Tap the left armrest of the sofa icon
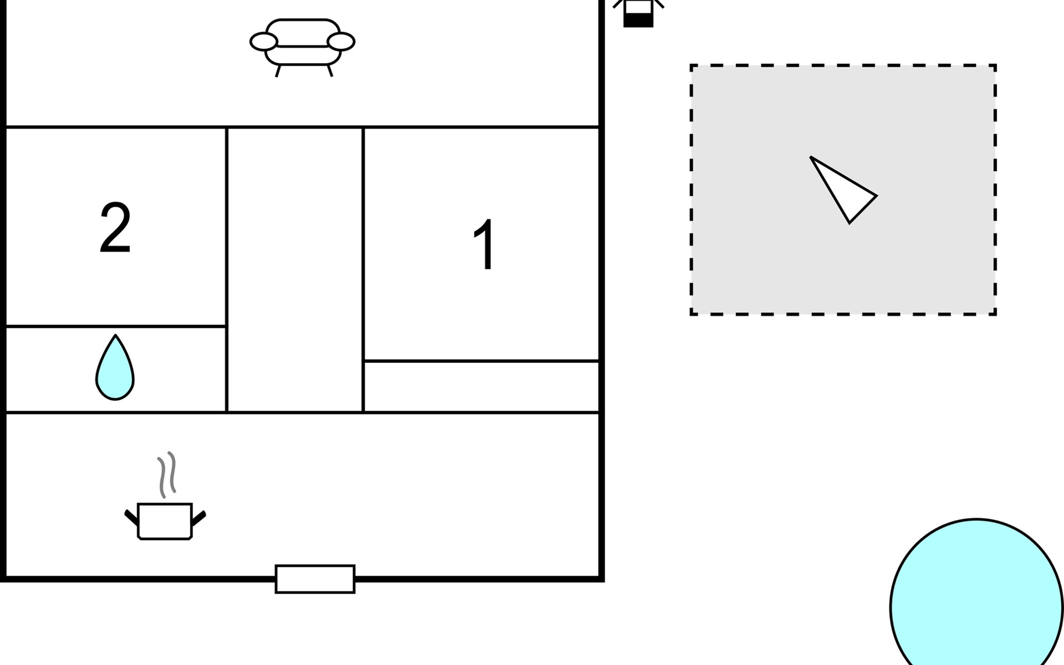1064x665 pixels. tap(264, 42)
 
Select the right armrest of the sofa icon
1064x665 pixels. tap(341, 42)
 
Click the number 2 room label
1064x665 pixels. tap(115, 228)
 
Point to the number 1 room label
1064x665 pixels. tap(484, 244)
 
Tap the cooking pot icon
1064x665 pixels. tap(165, 520)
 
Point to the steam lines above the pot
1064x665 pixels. tap(167, 474)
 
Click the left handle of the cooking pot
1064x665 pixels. tap(131, 518)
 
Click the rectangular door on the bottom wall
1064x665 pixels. tap(315, 579)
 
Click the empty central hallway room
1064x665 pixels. tap(295, 270)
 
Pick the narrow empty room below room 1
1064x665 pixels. tap(481, 387)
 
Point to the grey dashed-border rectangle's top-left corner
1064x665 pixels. tap(692, 66)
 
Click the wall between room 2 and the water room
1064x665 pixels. tap(115, 326)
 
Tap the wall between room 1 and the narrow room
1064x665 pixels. tap(481, 361)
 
